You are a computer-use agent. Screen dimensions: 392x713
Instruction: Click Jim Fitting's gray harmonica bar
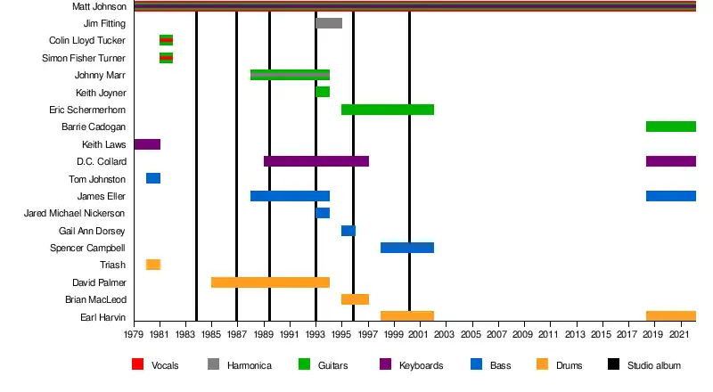pyautogui.click(x=329, y=23)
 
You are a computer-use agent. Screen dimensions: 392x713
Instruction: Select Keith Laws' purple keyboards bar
pyautogui.click(x=147, y=144)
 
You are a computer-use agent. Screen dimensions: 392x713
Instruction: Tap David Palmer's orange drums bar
pyautogui.click(x=270, y=282)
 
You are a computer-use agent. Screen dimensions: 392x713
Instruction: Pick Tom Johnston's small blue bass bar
pyautogui.click(x=153, y=179)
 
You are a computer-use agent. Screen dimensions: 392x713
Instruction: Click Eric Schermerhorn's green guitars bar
pyautogui.click(x=388, y=110)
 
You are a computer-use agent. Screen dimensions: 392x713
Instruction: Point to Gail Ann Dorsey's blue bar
pyautogui.click(x=348, y=231)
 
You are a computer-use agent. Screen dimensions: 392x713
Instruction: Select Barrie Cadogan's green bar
pyautogui.click(x=670, y=127)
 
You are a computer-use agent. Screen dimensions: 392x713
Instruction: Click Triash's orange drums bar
pyautogui.click(x=153, y=265)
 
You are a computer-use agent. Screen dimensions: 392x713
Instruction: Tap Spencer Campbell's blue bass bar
pyautogui.click(x=407, y=248)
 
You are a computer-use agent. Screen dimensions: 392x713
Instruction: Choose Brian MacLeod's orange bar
pyautogui.click(x=355, y=299)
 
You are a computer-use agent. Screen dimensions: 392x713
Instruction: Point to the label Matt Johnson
pyautogui.click(x=99, y=6)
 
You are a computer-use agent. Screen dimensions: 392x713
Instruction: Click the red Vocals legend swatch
pyautogui.click(x=137, y=365)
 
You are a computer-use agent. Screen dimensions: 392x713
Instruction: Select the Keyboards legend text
pyautogui.click(x=422, y=365)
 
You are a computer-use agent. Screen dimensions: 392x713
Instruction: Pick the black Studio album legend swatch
pyautogui.click(x=613, y=365)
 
